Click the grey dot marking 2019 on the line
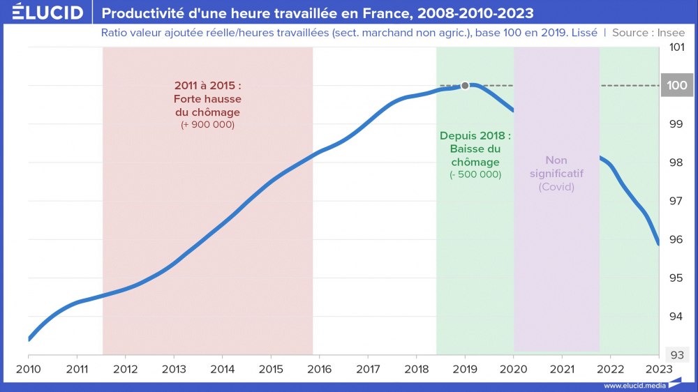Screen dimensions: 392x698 [x=465, y=86]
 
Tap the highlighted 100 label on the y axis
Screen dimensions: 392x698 [x=676, y=86]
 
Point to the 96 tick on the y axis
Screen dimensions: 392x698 [x=676, y=239]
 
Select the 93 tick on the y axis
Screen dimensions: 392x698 [x=676, y=354]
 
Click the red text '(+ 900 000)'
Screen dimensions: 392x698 [x=207, y=125]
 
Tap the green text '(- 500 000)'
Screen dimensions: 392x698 [x=475, y=174]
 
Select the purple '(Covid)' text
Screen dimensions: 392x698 [x=556, y=187]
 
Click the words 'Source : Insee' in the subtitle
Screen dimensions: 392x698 [x=648, y=33]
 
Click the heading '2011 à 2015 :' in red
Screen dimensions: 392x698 [x=207, y=86]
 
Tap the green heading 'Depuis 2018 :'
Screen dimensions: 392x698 [x=475, y=135]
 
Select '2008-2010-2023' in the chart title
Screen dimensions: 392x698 [x=477, y=13]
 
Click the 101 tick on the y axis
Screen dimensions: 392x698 [x=676, y=47]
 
